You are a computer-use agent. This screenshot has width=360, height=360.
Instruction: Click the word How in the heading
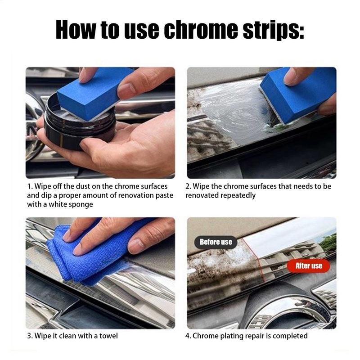[75, 30]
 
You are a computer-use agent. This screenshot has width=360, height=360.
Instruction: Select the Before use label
[216, 242]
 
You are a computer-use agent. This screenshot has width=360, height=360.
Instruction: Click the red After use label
[309, 265]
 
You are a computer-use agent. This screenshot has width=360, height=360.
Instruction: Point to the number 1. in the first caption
[29, 186]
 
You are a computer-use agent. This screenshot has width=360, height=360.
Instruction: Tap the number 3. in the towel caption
[29, 336]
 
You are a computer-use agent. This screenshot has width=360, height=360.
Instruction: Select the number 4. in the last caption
[189, 336]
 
